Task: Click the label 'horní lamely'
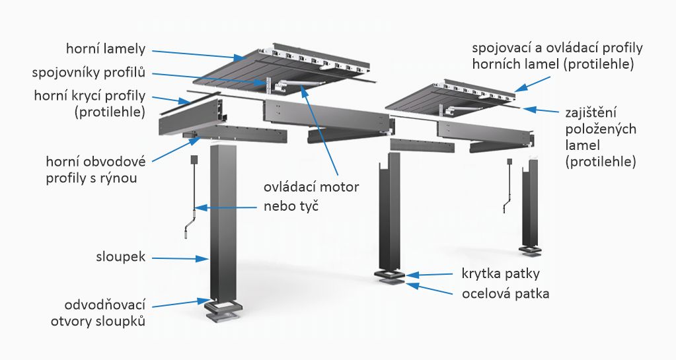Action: (x=105, y=50)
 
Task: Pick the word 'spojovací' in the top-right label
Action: (x=498, y=48)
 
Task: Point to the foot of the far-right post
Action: (x=531, y=250)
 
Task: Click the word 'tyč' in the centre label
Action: (x=308, y=206)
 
